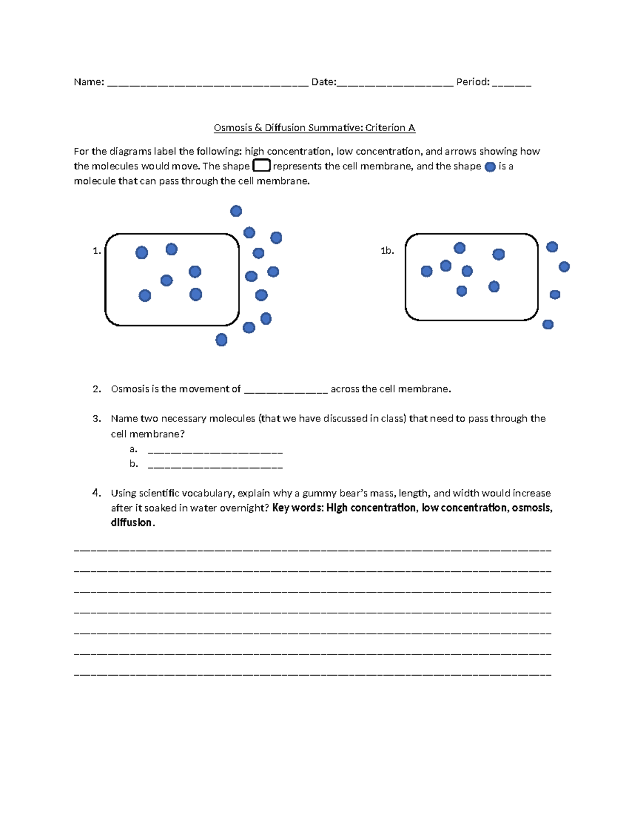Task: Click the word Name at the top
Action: coord(88,82)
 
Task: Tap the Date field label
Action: coord(323,82)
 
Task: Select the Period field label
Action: coord(472,82)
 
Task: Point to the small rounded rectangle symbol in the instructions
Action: coord(262,166)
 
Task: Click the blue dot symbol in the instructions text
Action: coord(490,167)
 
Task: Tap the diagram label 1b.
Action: coord(387,251)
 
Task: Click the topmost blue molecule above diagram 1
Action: coord(236,211)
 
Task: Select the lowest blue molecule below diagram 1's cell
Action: coord(221,340)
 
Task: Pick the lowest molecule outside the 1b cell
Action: coord(548,324)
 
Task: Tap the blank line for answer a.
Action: coord(215,451)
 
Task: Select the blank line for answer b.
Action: coord(215,466)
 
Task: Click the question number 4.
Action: coord(96,493)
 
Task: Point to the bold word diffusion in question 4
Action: coord(132,523)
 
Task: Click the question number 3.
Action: coord(96,419)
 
